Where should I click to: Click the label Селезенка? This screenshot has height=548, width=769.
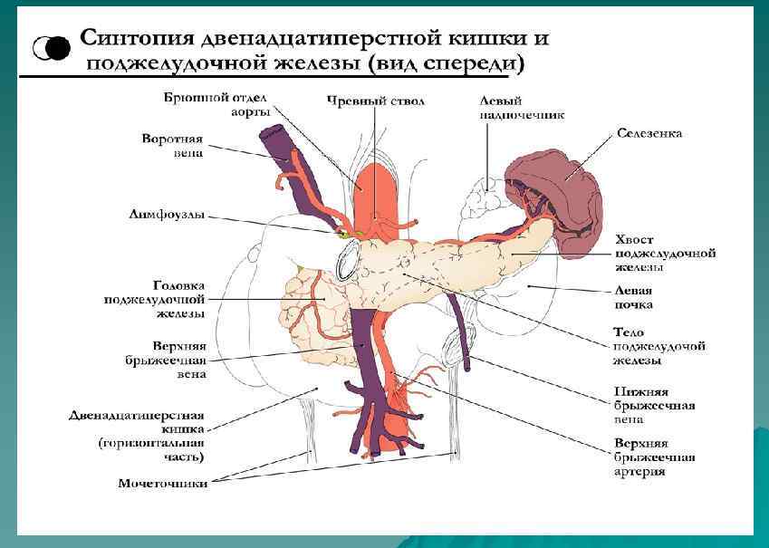tap(649, 133)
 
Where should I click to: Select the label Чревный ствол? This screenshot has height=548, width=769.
tap(375, 101)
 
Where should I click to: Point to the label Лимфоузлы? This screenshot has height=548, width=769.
tap(166, 216)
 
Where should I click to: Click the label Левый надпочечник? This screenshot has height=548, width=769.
tap(523, 108)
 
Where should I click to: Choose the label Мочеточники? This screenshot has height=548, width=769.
tap(163, 483)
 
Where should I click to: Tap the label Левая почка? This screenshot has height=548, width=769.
tap(634, 298)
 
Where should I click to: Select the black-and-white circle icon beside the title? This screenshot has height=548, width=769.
tap(53, 48)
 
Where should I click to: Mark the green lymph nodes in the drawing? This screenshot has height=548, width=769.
tap(348, 233)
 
